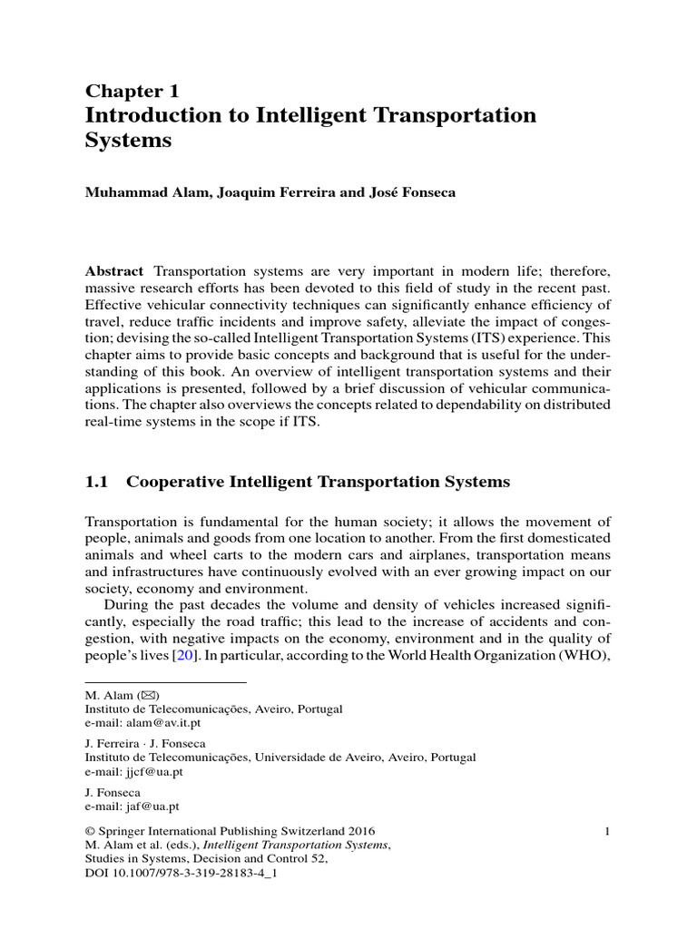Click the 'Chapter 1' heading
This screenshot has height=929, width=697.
[132, 91]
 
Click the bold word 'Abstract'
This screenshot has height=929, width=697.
[113, 272]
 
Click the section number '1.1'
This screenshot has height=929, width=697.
[96, 483]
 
